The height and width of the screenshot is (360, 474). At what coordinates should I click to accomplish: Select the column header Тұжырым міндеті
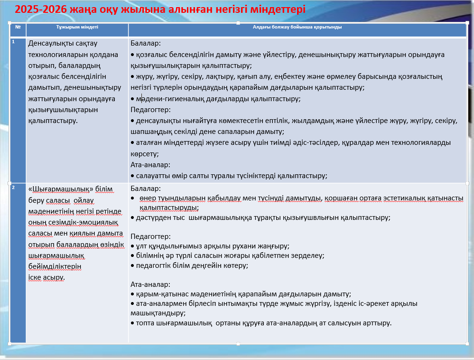pos(77,28)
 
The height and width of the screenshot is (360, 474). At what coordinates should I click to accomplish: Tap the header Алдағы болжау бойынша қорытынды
pos(297,28)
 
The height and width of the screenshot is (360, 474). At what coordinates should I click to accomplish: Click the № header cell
pos(18,27)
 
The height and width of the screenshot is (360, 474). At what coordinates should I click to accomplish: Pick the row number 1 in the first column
pos(13,42)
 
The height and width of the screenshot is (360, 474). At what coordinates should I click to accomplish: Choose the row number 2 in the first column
pos(13,188)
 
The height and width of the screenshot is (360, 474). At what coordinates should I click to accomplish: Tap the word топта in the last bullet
pos(145,323)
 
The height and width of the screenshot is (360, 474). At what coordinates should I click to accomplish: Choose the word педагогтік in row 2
pos(153,265)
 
